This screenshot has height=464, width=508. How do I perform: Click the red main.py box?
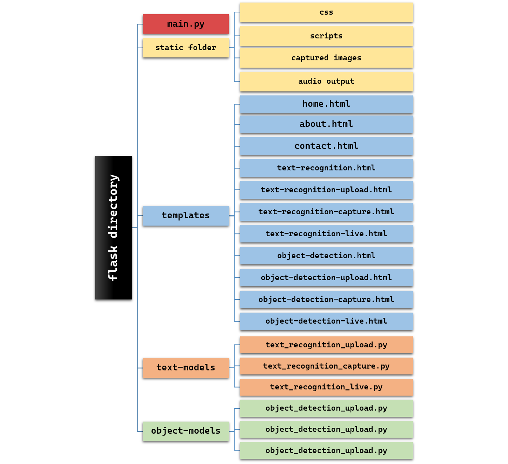click(x=186, y=24)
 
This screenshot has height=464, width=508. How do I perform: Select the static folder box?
click(x=186, y=48)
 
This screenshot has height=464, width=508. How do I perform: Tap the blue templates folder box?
click(x=186, y=216)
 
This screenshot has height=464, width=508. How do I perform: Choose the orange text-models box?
click(x=186, y=368)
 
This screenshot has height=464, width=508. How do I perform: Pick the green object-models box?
click(x=186, y=431)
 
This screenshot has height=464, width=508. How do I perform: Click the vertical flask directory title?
click(x=110, y=227)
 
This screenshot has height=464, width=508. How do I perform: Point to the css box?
click(x=326, y=12)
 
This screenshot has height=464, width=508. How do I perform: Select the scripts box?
click(x=326, y=36)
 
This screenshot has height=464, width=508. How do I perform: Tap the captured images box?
click(x=326, y=58)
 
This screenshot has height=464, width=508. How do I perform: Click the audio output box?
click(x=326, y=82)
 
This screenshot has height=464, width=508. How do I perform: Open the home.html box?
click(x=326, y=104)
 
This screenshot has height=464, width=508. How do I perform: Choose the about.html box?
click(x=326, y=124)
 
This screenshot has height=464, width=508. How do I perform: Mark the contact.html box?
click(x=326, y=146)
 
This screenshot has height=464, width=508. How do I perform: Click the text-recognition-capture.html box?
click(x=326, y=212)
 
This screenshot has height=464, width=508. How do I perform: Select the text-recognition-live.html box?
click(x=326, y=234)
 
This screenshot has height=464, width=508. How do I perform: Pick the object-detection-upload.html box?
click(x=326, y=278)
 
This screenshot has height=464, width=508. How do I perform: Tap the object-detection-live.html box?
click(x=326, y=321)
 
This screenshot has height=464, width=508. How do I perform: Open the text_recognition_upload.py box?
click(x=326, y=345)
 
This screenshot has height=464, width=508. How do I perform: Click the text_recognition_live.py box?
click(x=326, y=387)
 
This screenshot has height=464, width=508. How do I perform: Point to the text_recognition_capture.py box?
click(x=326, y=366)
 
